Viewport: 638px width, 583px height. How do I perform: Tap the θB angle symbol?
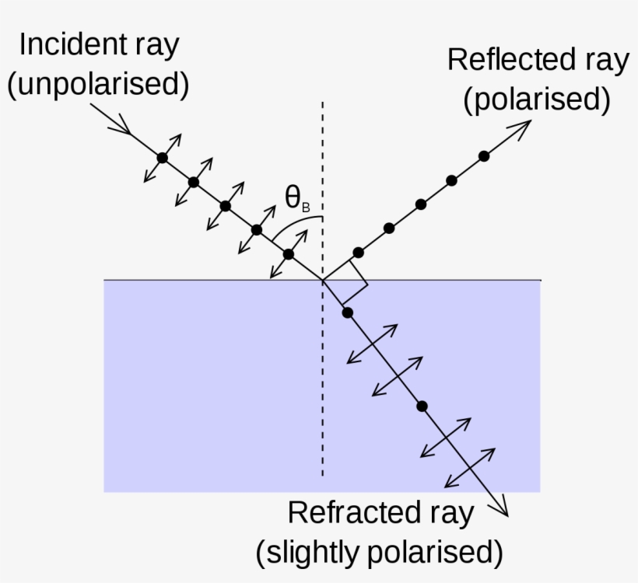(296, 201)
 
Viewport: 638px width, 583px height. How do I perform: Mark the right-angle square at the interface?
(345, 281)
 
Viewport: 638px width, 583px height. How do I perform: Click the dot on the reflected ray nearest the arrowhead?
(484, 156)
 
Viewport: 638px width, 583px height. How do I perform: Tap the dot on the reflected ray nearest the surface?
(358, 253)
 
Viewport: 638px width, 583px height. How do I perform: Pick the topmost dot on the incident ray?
(162, 158)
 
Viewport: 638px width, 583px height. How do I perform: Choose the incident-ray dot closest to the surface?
(288, 254)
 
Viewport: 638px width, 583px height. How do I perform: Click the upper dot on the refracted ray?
(348, 312)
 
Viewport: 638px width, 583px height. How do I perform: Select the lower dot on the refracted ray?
(422, 406)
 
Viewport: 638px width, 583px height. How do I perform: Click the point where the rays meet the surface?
(323, 280)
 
